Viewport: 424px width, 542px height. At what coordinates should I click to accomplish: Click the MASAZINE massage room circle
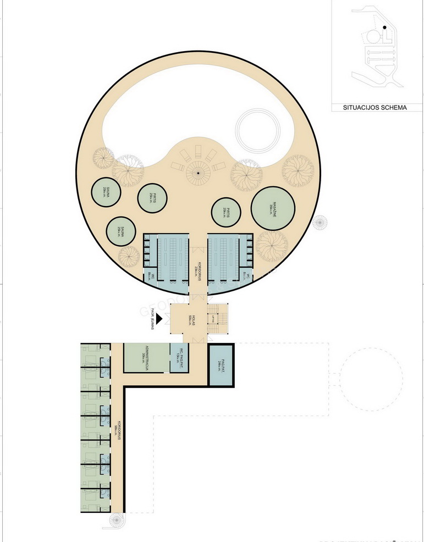click(x=272, y=209)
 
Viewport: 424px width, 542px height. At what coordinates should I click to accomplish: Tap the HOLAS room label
click(x=190, y=318)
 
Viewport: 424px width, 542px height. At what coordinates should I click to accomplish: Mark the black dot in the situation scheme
click(x=384, y=27)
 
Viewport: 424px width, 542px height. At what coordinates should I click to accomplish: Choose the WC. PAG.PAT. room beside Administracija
click(x=178, y=358)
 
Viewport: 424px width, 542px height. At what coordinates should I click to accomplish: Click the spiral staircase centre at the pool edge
click(x=197, y=174)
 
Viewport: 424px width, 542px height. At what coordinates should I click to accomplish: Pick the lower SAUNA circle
click(x=122, y=231)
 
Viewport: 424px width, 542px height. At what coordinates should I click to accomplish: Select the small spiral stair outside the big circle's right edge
click(x=319, y=223)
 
